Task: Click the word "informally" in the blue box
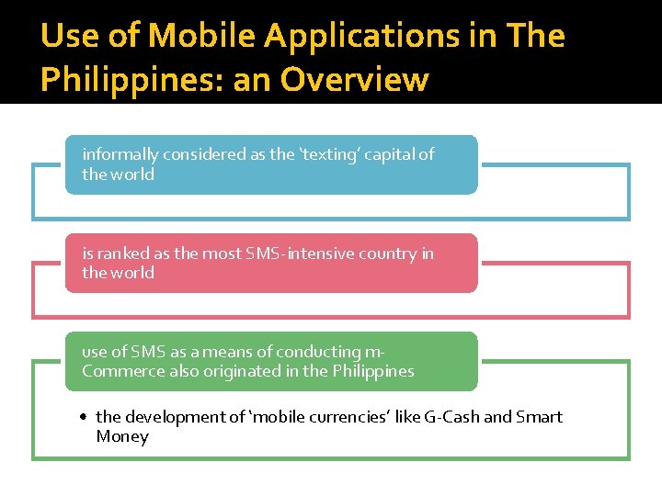(x=119, y=154)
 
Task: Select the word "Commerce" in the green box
(x=117, y=371)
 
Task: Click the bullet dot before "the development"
(x=84, y=417)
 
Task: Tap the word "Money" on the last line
(x=121, y=436)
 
